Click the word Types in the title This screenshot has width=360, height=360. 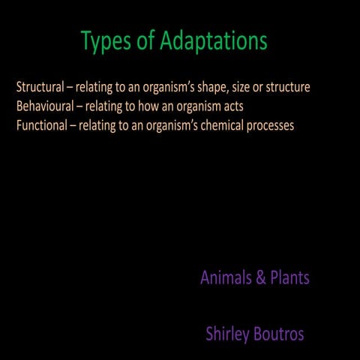click(106, 42)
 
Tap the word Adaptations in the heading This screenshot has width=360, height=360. click(213, 42)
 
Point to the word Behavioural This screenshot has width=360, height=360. click(44, 106)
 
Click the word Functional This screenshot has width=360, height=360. click(42, 125)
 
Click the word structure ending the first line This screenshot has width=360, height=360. click(288, 88)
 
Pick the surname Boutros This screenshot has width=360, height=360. click(277, 334)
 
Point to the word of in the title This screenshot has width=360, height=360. click(145, 42)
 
